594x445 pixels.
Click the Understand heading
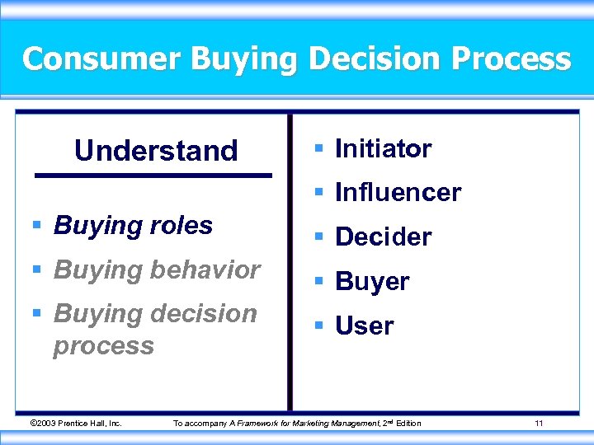(156, 151)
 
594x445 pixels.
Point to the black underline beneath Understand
(153, 176)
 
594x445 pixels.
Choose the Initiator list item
(383, 149)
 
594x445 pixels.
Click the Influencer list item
(398, 193)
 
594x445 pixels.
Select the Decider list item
(383, 237)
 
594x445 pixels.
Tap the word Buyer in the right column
(372, 282)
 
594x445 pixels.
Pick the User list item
(364, 326)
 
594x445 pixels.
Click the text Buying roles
(133, 226)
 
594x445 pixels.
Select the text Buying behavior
(157, 269)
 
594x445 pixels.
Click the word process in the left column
(103, 345)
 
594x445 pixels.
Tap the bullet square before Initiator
(318, 149)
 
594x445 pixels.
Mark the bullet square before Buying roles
(37, 226)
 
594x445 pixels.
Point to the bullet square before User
(318, 326)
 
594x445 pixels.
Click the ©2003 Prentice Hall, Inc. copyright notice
(75, 424)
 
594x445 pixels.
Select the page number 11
(538, 424)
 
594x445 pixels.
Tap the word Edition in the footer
(408, 424)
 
